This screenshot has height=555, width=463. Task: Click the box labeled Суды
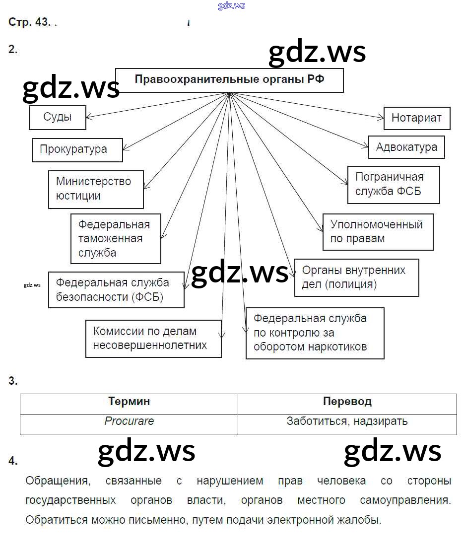(58, 118)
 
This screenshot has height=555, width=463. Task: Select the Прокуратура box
(77, 149)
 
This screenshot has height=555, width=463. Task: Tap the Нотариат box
(416, 118)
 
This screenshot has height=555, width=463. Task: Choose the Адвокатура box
(406, 147)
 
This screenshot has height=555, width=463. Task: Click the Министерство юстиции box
(96, 189)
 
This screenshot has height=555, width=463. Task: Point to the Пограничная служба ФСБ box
(394, 184)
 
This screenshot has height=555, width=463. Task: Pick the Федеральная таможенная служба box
(116, 238)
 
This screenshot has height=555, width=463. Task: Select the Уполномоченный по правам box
(378, 232)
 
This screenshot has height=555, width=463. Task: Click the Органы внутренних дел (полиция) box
(356, 277)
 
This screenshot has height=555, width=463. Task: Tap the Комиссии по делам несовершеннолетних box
(153, 339)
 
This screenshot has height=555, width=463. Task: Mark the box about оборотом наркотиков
(315, 333)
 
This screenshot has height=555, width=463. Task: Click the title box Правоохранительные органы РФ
(229, 80)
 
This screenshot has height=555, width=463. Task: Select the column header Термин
(129, 402)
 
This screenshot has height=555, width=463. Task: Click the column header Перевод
(347, 402)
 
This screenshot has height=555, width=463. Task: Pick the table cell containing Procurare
(129, 421)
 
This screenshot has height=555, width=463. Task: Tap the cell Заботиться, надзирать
(347, 421)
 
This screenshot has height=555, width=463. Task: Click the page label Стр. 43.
(29, 22)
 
